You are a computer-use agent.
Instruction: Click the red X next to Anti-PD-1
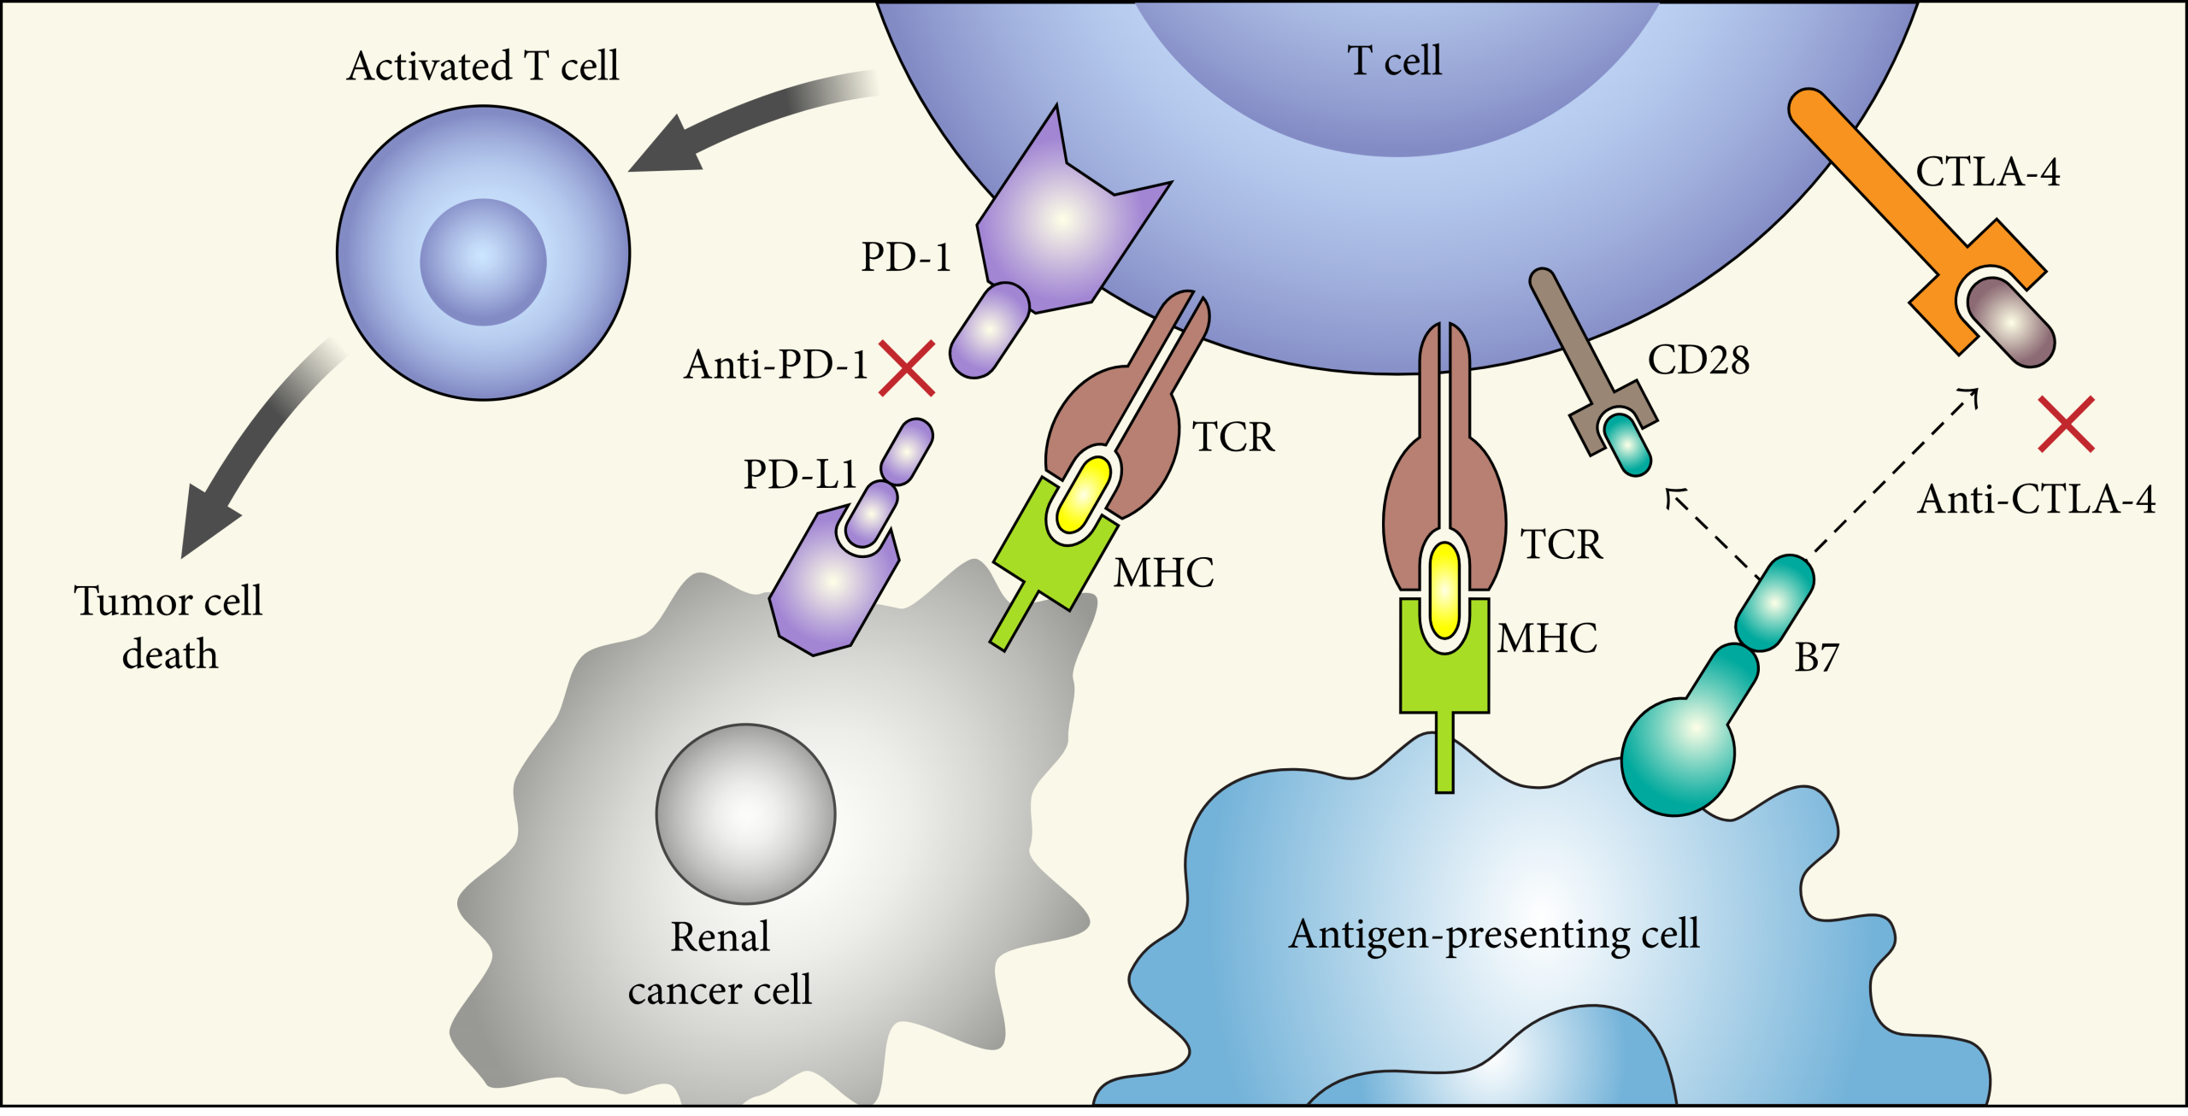pos(907,368)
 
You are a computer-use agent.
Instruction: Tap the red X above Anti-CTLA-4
pos(2066,424)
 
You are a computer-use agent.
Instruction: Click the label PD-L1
pos(799,474)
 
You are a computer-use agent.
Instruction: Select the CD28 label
pos(1698,361)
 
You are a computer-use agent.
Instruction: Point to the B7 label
pos(1816,658)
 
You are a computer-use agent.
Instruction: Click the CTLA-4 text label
pos(1987,173)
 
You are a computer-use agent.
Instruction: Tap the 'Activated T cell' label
pos(483,67)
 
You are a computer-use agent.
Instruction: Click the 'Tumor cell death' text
pos(168,628)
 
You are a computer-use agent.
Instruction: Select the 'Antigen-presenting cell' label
pos(1494,934)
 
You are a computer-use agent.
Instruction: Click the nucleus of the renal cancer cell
pos(745,814)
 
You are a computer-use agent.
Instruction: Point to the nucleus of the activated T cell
pos(483,261)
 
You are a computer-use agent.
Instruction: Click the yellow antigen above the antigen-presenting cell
pos(1444,590)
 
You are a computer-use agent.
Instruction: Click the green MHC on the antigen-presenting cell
pos(1444,675)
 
